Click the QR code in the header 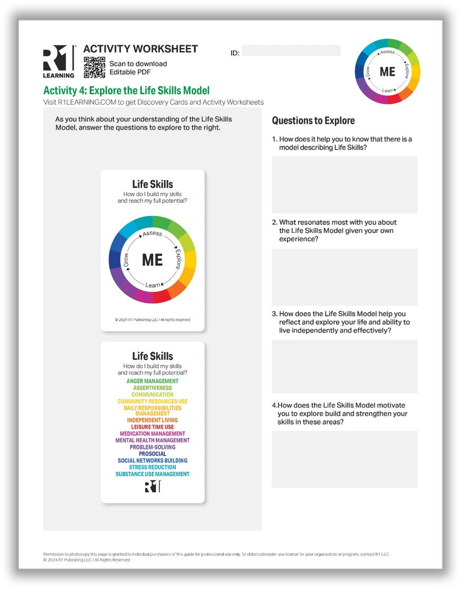coord(94,67)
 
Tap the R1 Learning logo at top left coord(58,61)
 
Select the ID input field coord(291,51)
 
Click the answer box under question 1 coord(344,184)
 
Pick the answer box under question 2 coord(344,277)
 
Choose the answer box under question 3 coord(344,366)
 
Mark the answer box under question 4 coord(344,459)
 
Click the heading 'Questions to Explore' coord(313,121)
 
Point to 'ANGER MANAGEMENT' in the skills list coord(153,381)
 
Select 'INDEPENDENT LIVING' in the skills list coord(153,420)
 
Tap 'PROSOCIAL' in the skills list coord(153,454)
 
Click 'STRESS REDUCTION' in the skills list coord(153,467)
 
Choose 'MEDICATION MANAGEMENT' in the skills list coord(153,434)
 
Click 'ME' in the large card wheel coord(153,260)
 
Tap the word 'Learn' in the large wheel coord(153,285)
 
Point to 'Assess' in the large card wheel coord(153,233)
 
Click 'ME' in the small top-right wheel coord(387,72)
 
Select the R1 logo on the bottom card coord(153,487)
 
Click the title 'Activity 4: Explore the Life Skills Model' coord(126,91)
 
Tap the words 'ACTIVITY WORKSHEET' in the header coord(141,49)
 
